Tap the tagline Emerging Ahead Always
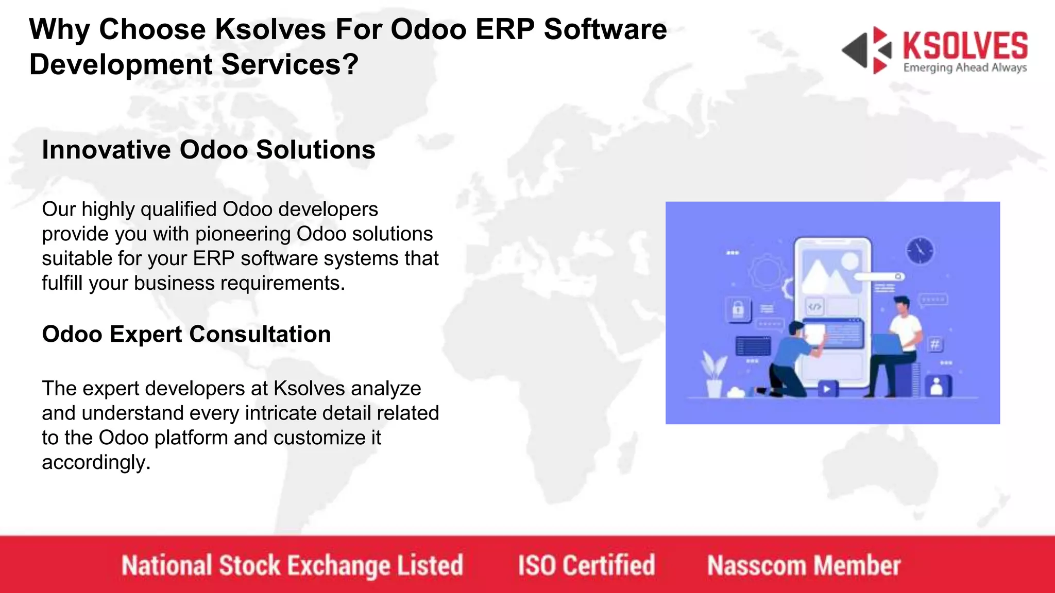click(965, 68)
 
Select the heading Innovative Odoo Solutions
click(209, 150)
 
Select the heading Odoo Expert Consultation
click(186, 334)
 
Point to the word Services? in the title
click(290, 65)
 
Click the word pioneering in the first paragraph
click(243, 234)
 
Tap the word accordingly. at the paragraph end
click(96, 462)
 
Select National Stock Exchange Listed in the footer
click(292, 565)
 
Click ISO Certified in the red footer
click(586, 565)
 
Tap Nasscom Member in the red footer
click(804, 565)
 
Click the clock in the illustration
click(920, 251)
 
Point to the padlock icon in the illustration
click(738, 309)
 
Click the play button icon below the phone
click(827, 389)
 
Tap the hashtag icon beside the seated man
click(935, 344)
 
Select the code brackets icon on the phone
click(814, 307)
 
